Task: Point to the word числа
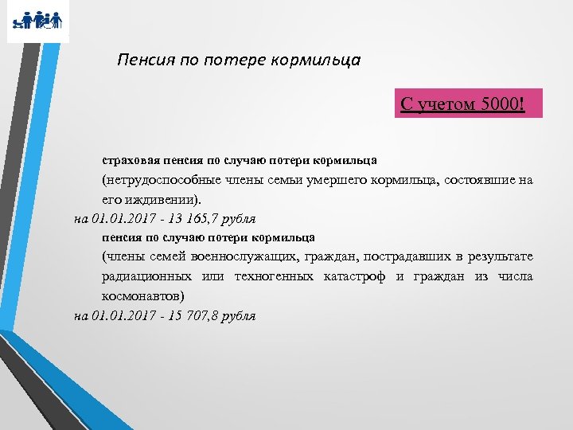pos(514,276)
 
